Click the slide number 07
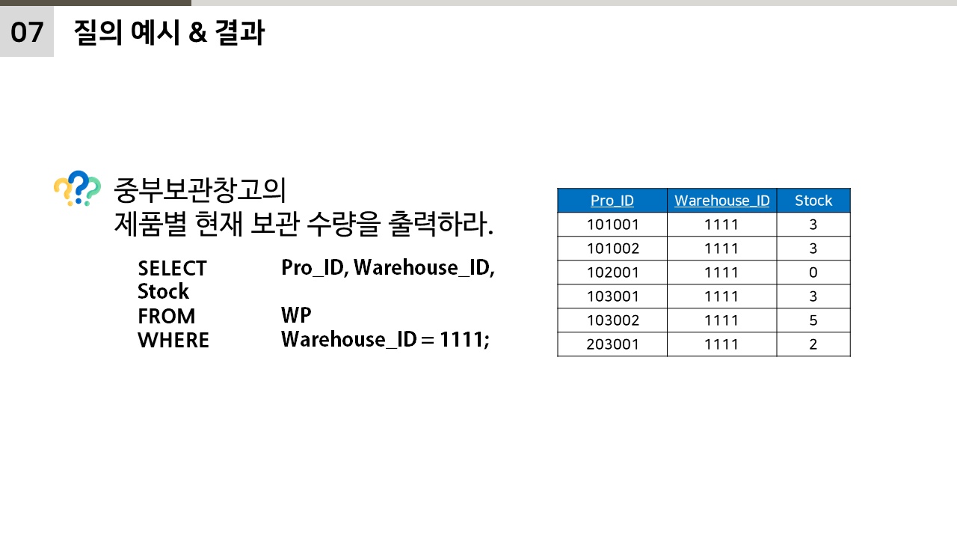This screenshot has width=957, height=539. click(x=27, y=32)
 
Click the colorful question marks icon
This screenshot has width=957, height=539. click(x=77, y=189)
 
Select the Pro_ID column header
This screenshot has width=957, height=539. click(x=612, y=201)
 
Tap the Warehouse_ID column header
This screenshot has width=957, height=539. click(x=721, y=201)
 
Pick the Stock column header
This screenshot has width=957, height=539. click(x=813, y=201)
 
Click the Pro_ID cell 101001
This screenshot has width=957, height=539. click(x=612, y=225)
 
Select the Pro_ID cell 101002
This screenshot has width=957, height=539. click(x=612, y=249)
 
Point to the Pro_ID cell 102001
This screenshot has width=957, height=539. click(x=612, y=272)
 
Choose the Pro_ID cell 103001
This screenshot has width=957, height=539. click(x=612, y=296)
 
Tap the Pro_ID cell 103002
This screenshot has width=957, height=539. click(x=612, y=320)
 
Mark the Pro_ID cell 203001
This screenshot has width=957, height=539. click(x=612, y=344)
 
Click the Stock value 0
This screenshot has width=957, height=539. click(x=813, y=272)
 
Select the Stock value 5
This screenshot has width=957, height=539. click(x=813, y=320)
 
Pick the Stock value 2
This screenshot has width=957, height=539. click(x=813, y=344)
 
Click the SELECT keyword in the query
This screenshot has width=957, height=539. click(x=172, y=268)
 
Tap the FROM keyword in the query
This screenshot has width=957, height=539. click(x=166, y=316)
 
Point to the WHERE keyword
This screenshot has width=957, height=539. click(x=173, y=340)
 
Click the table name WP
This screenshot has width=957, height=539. click(x=296, y=315)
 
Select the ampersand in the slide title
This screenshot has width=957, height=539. click(x=197, y=33)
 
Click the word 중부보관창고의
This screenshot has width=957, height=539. click(x=200, y=190)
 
